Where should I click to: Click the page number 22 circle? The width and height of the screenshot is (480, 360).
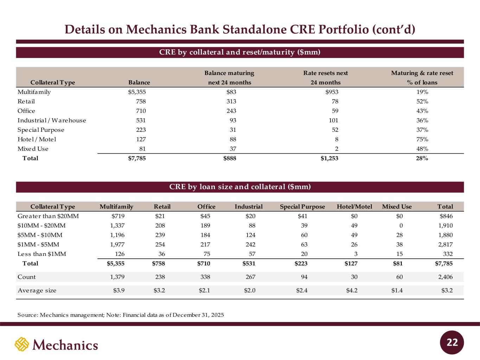coord(452,342)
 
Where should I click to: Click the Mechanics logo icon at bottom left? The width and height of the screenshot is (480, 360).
coord(21,344)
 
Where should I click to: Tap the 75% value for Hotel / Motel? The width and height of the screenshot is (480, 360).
coord(422,139)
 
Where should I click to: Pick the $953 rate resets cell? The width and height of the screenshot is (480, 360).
coord(332,92)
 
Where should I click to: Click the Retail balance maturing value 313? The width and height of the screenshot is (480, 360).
coord(231,102)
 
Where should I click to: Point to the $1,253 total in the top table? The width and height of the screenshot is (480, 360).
coord(329,158)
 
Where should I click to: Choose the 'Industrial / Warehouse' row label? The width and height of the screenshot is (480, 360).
coord(52,120)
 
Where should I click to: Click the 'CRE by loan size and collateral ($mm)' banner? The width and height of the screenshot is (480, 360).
coord(240,187)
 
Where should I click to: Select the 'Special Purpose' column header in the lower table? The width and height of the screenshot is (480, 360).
coord(302,207)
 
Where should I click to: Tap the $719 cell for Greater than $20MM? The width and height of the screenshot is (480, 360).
coord(118,216)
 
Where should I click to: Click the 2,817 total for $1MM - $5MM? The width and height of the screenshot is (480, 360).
coord(445,244)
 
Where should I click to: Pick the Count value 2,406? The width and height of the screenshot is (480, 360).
coord(445,277)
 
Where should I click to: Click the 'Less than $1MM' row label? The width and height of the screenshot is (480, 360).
coord(42,254)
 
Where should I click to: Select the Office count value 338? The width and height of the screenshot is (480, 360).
coord(205,277)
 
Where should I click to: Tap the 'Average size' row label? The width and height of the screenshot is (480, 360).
coord(37,290)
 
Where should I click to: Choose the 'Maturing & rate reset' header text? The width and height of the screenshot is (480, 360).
coord(422,73)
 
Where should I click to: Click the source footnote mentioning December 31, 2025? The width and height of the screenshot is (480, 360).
coord(121,315)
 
